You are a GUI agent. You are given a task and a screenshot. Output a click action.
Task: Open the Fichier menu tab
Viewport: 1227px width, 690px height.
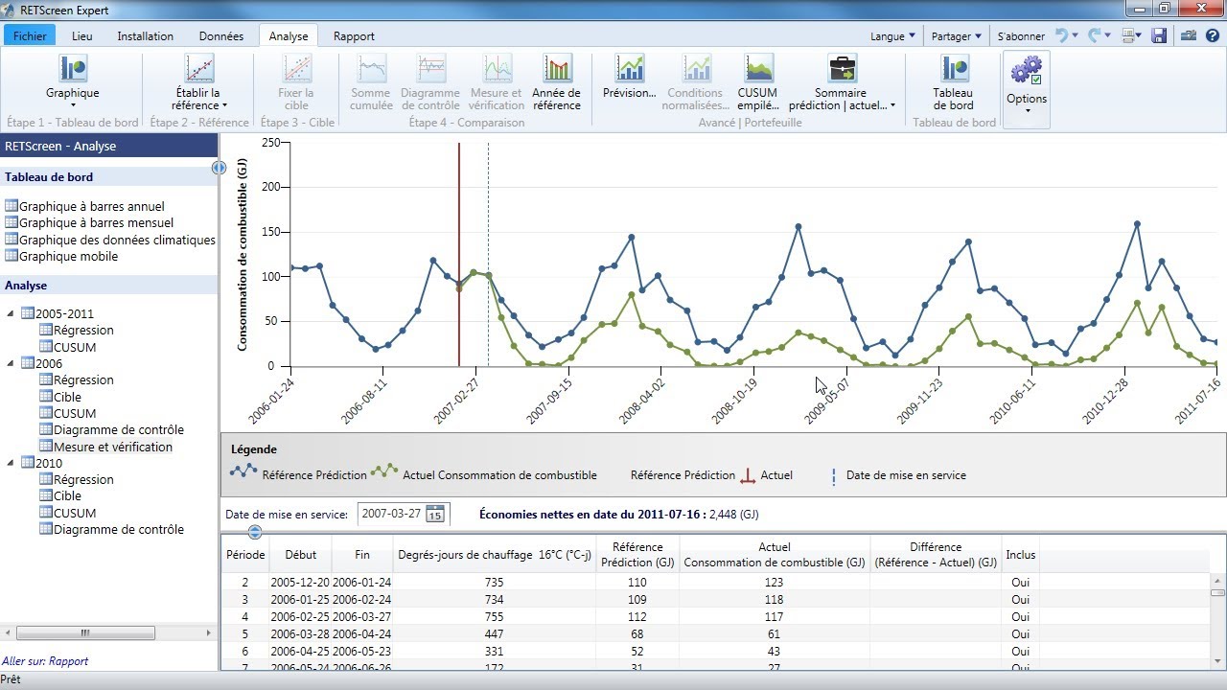[x=30, y=35]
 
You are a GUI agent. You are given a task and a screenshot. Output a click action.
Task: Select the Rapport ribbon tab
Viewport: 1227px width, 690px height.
[x=354, y=35]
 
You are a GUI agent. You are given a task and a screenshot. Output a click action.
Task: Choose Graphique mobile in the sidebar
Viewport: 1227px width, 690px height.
[x=68, y=256]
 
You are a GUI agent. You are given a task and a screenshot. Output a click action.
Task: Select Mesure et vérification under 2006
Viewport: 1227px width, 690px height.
[x=113, y=447]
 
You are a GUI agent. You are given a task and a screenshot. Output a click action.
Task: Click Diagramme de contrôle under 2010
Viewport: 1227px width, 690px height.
[x=118, y=529]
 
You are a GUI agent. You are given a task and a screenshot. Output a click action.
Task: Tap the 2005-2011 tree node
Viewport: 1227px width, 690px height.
[x=64, y=313]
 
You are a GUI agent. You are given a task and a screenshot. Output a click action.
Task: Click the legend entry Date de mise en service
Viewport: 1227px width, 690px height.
[x=905, y=475]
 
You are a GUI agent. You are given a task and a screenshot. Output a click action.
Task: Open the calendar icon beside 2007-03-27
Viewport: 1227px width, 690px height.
[x=435, y=514]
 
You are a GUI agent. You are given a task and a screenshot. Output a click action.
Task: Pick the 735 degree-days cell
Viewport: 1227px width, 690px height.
[x=494, y=582]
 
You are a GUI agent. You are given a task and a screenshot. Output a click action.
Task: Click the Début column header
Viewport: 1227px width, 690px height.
[x=300, y=555]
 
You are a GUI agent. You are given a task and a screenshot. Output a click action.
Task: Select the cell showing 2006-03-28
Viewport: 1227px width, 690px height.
[x=300, y=633]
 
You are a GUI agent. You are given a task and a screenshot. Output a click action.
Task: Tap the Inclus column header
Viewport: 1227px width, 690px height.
[x=1020, y=555]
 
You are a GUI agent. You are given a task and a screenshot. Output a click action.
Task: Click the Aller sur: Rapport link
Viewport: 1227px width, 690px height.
[x=45, y=661]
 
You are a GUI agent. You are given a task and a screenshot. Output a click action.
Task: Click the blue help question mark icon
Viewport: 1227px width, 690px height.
[x=1213, y=36]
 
